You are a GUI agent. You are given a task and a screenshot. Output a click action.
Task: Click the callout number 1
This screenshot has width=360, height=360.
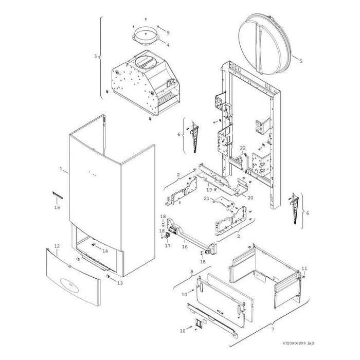(x=61, y=169)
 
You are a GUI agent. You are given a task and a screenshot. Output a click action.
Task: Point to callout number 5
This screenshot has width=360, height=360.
(x=301, y=61)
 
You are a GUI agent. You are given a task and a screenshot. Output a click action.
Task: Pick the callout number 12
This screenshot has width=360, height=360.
(x=57, y=247)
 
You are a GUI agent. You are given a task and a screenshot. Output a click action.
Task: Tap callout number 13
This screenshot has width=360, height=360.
(x=120, y=282)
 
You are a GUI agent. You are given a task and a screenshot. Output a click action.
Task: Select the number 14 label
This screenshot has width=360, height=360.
(x=105, y=251)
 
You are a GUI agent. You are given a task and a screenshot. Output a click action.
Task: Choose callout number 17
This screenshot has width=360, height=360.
(x=167, y=246)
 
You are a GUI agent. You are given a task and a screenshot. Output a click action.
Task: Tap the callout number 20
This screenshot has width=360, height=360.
(x=250, y=197)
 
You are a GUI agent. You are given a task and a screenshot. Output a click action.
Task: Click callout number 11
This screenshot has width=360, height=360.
(x=304, y=268)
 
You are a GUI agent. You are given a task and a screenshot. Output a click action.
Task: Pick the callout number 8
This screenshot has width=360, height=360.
(x=192, y=271)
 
